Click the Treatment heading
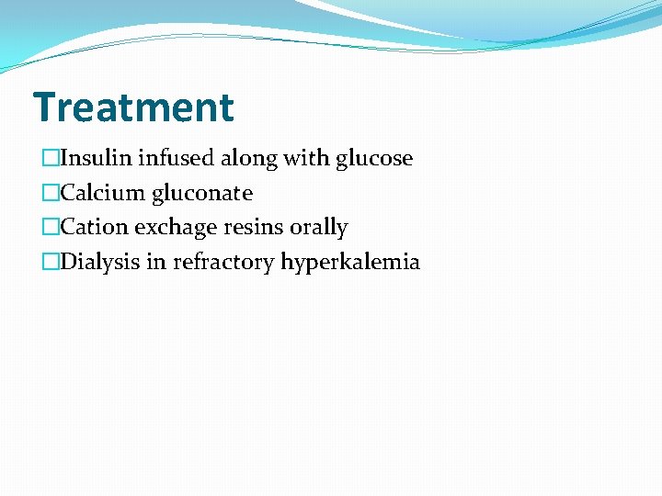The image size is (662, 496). (133, 107)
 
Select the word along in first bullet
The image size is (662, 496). (249, 159)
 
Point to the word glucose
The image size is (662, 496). (374, 159)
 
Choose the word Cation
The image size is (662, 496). (95, 228)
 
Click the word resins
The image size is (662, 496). (255, 228)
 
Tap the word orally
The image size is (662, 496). (319, 228)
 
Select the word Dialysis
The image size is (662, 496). (100, 263)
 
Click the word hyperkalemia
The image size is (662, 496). (350, 263)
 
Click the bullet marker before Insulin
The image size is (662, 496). (50, 159)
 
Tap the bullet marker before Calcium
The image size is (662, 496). (50, 194)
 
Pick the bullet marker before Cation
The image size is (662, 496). (50, 228)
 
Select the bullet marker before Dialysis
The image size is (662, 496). (50, 263)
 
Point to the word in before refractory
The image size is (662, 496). (156, 263)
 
